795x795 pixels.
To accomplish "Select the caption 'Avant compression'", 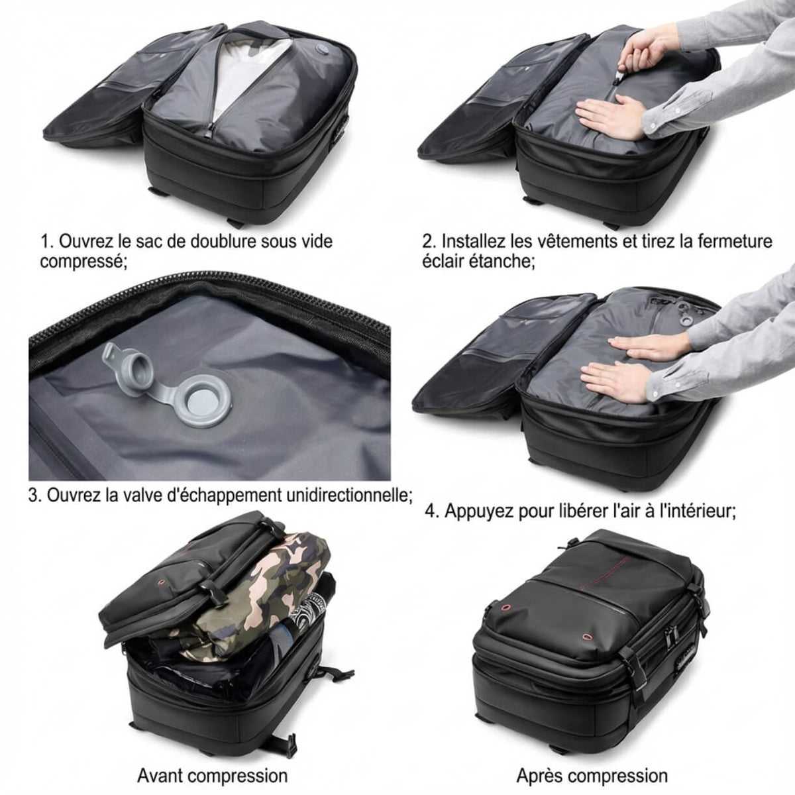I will (212, 776).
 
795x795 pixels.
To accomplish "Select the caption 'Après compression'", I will (592, 776).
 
